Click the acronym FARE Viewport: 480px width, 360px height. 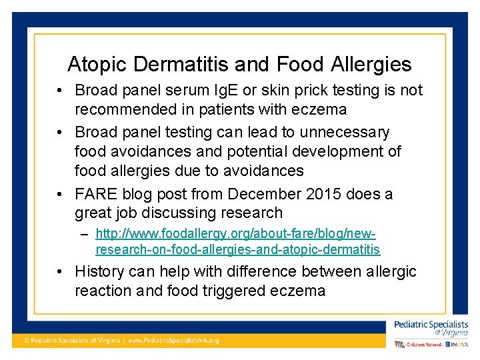[x=96, y=194]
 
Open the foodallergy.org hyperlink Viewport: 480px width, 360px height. [x=237, y=242]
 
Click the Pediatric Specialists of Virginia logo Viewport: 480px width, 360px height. [x=431, y=327]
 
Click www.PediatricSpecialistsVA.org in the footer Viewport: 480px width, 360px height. [x=173, y=340]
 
